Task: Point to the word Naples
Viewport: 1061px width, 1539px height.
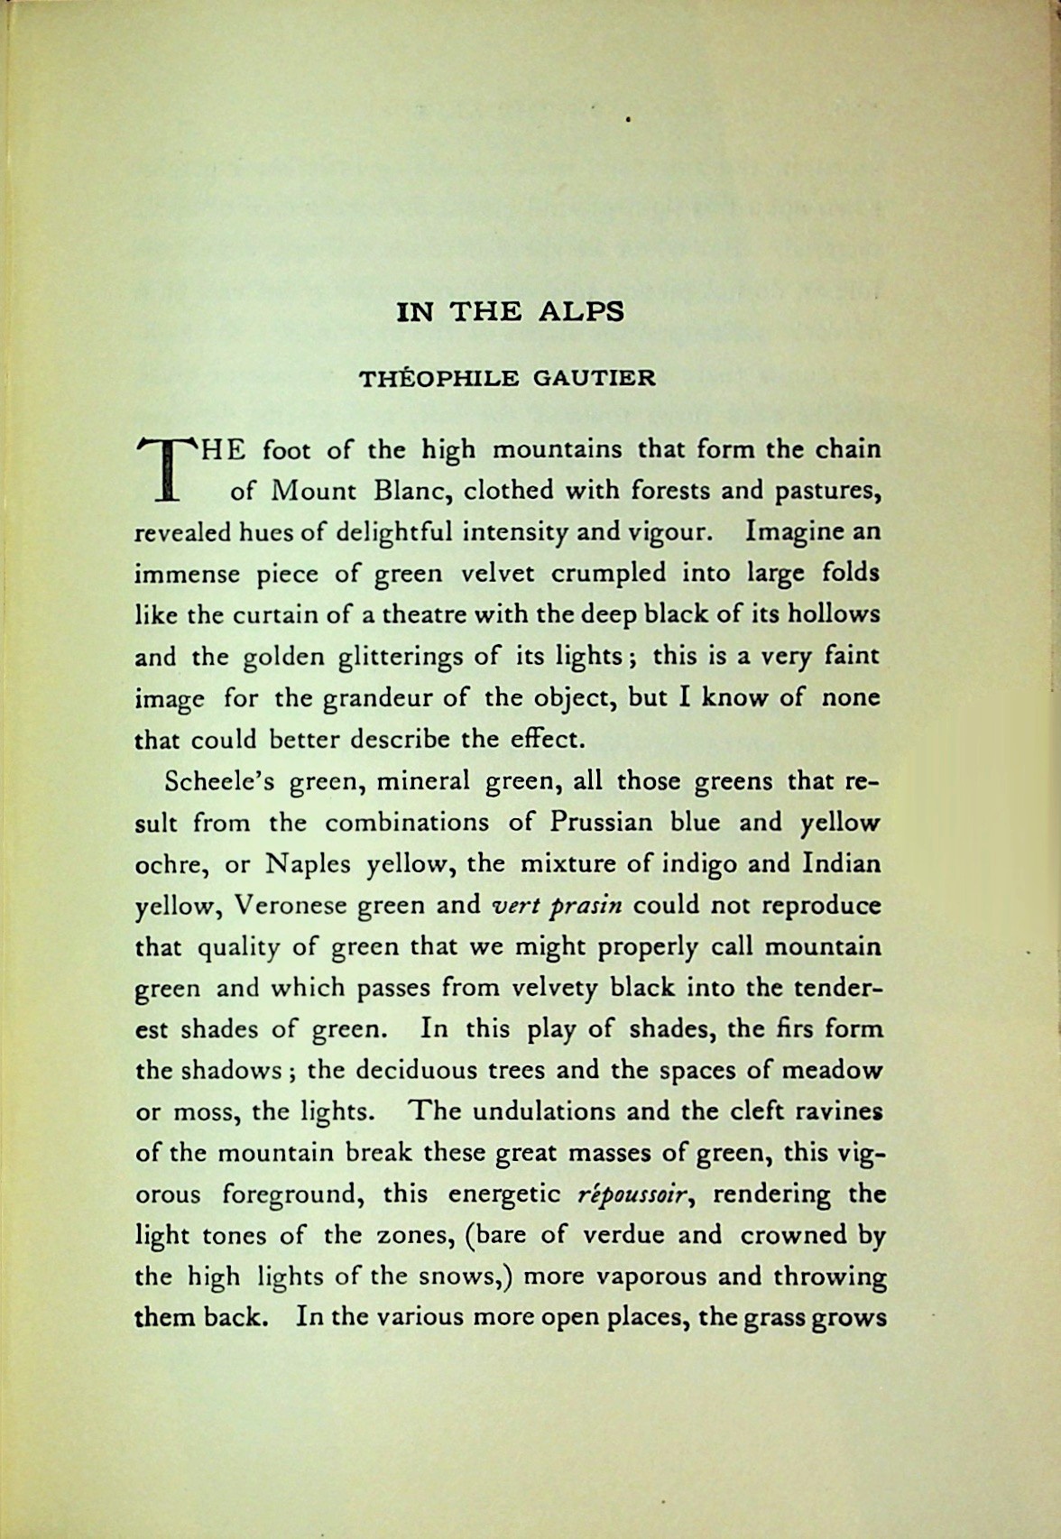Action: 308,865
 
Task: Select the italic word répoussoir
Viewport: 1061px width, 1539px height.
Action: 639,1194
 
